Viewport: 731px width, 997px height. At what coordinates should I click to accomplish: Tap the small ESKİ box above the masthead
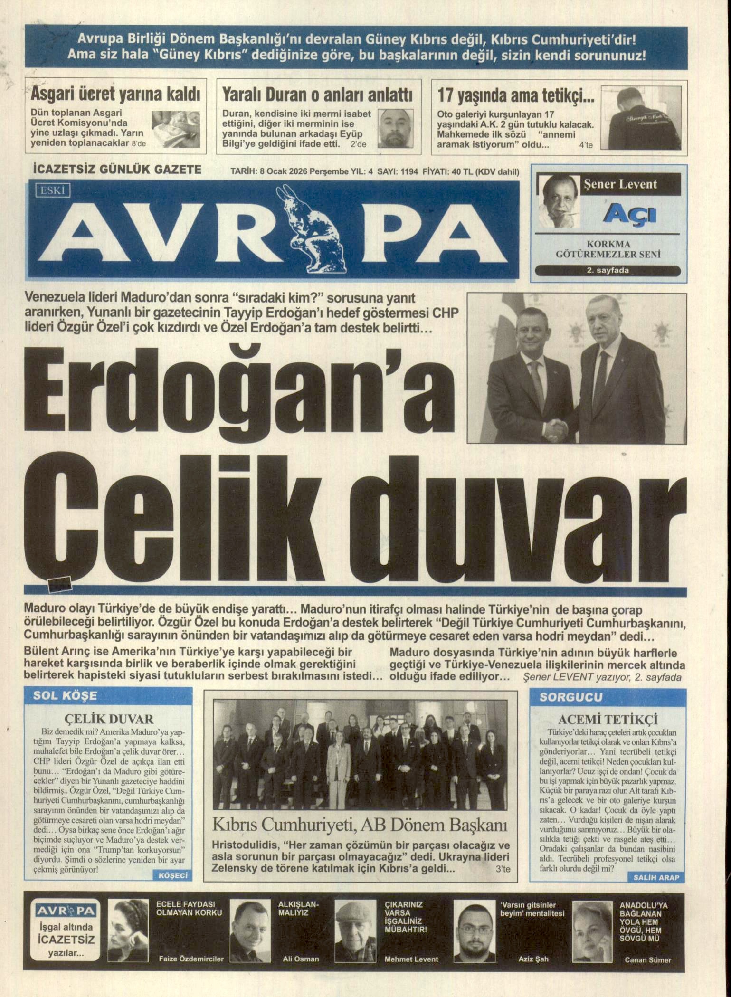click(53, 191)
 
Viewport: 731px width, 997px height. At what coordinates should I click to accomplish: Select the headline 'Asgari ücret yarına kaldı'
click(115, 94)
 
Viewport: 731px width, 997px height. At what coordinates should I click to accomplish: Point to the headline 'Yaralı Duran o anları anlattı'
click(318, 95)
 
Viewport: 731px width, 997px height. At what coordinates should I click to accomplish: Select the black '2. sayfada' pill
click(608, 271)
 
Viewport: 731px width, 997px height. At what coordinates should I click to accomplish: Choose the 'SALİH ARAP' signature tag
click(656, 877)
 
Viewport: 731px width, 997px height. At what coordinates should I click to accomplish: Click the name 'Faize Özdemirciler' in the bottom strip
click(190, 959)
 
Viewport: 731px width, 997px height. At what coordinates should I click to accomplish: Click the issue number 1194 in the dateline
click(409, 172)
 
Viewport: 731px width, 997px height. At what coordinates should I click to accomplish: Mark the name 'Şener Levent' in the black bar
click(620, 184)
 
